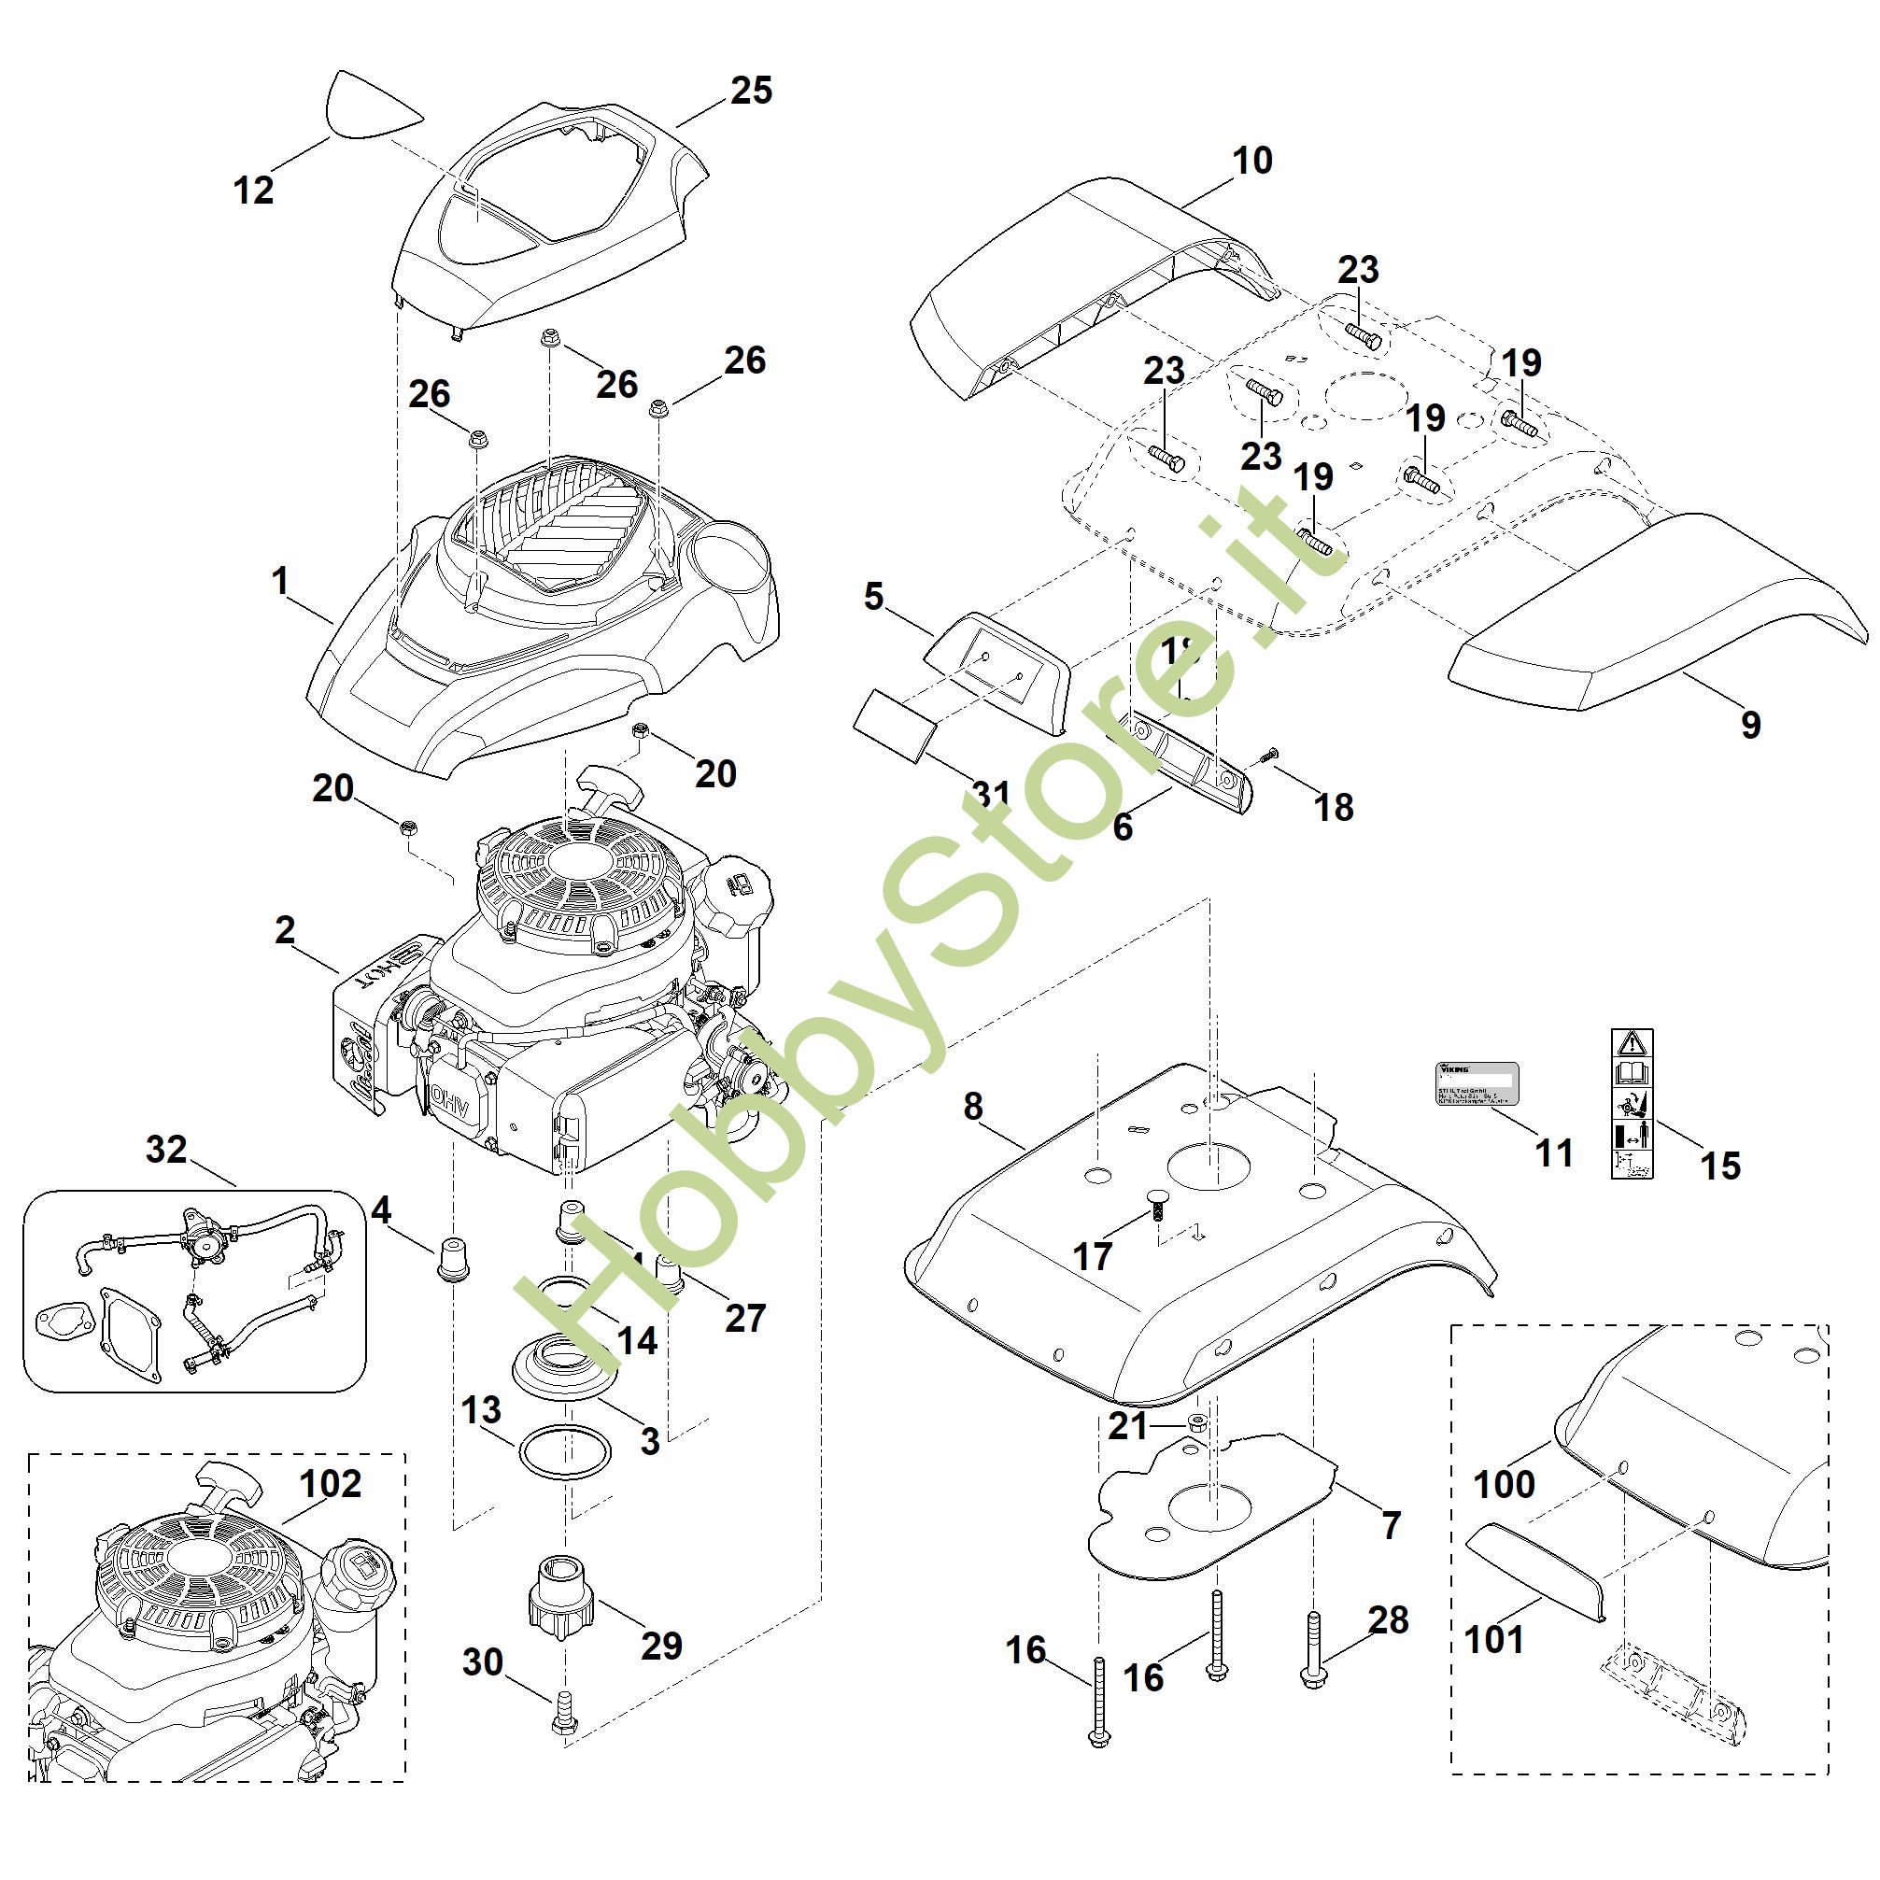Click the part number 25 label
(750, 91)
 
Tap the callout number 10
(1251, 161)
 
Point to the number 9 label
(1750, 724)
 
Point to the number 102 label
(332, 1483)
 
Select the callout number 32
(165, 1150)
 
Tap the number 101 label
(1493, 1639)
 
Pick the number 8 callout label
(973, 1107)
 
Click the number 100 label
(1505, 1484)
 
